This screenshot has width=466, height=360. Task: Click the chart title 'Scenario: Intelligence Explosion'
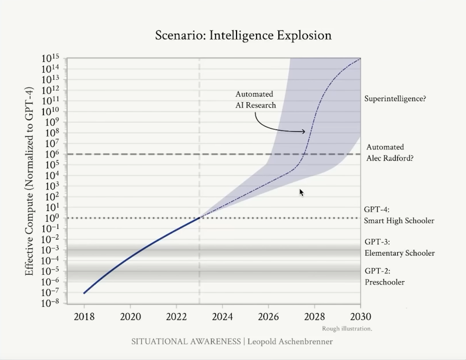pyautogui.click(x=243, y=35)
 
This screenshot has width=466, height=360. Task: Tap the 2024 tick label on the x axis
pyautogui.click(x=223, y=317)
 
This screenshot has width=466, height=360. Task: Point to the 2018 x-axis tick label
pyautogui.click(x=84, y=317)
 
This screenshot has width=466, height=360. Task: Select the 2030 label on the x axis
pyautogui.click(x=361, y=317)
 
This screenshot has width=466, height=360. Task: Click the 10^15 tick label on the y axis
pyautogui.click(x=50, y=58)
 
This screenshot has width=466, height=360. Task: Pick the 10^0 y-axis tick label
pyautogui.click(x=51, y=218)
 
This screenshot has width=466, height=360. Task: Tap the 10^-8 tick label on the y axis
pyautogui.click(x=50, y=303)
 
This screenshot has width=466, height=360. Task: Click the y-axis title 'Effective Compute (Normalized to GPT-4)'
pyautogui.click(x=29, y=181)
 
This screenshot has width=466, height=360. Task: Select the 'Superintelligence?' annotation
pyautogui.click(x=395, y=99)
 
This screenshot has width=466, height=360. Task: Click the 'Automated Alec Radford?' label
pyautogui.click(x=390, y=153)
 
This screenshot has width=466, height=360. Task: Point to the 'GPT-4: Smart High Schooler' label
pyautogui.click(x=399, y=215)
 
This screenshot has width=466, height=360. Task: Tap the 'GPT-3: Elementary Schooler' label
pyautogui.click(x=400, y=247)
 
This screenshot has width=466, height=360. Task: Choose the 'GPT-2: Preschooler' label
pyautogui.click(x=385, y=277)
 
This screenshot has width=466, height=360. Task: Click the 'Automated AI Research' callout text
pyautogui.click(x=255, y=100)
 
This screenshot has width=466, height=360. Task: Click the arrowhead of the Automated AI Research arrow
pyautogui.click(x=303, y=131)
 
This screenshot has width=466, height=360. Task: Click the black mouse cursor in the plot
pyautogui.click(x=301, y=193)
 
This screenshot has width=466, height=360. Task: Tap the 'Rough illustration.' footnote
pyautogui.click(x=347, y=329)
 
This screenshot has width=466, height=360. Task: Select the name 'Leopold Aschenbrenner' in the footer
pyautogui.click(x=290, y=342)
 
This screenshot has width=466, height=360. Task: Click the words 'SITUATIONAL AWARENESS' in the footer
pyautogui.click(x=186, y=342)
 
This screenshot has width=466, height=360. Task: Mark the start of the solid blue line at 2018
pyautogui.click(x=84, y=293)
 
